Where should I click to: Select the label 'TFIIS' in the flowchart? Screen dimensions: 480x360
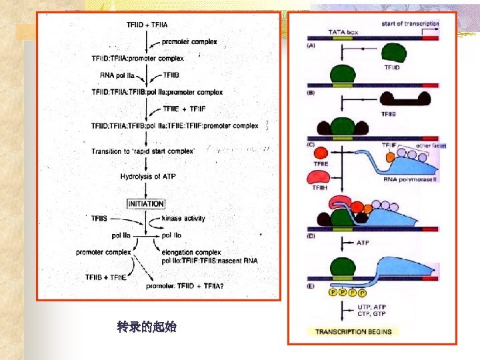pos(99,218)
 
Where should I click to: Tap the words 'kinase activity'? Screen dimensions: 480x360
pos(183,218)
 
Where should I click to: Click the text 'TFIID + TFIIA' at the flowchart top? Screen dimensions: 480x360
pos(147,25)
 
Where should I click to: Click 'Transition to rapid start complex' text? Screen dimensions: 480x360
pos(143,151)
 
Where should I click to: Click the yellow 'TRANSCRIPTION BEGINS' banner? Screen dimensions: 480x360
pos(353,331)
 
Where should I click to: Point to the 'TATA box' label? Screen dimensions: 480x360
pos(344,31)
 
